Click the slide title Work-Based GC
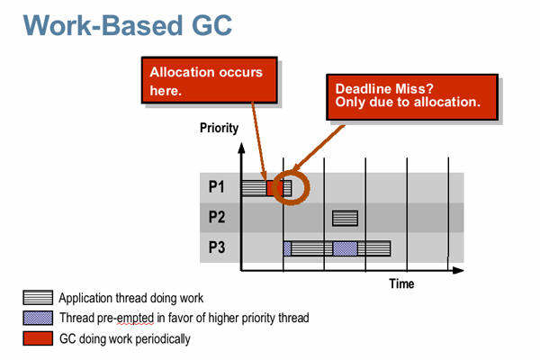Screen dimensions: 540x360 click(128, 25)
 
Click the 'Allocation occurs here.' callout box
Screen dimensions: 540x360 click(210, 80)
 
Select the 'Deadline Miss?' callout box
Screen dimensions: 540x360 click(412, 97)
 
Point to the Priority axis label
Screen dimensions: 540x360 click(219, 128)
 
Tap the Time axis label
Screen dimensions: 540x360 click(401, 283)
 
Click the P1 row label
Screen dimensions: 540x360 click(217, 187)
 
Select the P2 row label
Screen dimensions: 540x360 click(217, 217)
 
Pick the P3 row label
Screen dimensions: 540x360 click(217, 247)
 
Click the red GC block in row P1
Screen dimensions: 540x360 click(274, 188)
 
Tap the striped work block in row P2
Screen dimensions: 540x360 click(345, 218)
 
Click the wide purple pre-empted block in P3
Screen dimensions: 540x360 click(345, 248)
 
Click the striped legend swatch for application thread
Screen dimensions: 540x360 click(38, 298)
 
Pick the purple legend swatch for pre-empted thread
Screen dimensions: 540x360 click(38, 318)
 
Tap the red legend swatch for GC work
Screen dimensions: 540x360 click(38, 338)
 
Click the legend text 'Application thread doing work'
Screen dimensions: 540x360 click(131, 298)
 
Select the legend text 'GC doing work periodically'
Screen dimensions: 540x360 click(125, 339)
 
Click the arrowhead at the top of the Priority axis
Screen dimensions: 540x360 click(241, 148)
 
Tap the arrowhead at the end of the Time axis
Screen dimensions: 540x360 click(458, 270)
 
